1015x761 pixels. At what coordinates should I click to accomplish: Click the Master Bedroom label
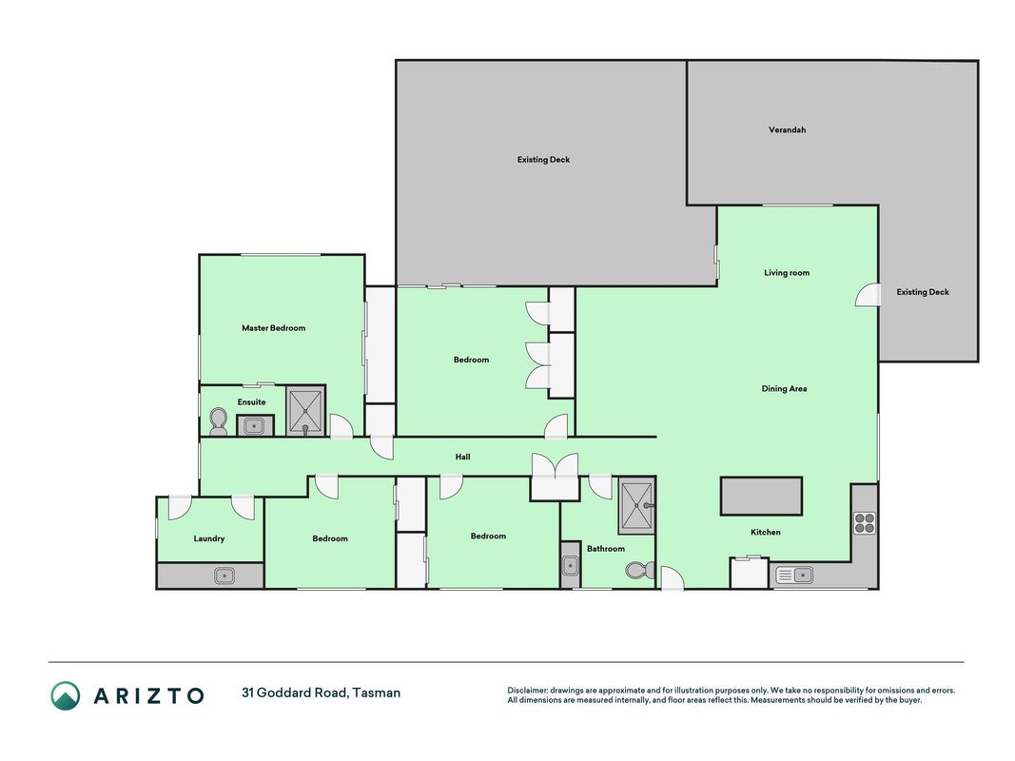pos(273,328)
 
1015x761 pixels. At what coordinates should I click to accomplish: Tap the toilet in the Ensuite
pos(219,422)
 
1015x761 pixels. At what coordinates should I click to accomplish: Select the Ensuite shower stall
pos(305,411)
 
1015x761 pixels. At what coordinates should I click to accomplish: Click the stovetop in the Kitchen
pos(865,522)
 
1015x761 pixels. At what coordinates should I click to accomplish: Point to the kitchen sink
pos(794,575)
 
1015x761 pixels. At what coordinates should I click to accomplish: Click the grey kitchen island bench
pos(761,497)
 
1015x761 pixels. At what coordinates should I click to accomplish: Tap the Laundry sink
pos(224,575)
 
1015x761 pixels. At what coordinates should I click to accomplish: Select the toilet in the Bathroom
pos(640,570)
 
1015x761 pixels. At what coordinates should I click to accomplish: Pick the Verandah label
pos(787,130)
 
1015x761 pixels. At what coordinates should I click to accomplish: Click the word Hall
pos(462,457)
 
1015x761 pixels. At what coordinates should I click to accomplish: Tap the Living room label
pos(787,273)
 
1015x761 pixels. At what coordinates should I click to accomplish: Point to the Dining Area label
pos(784,389)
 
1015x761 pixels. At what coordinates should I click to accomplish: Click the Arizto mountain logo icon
pos(66,695)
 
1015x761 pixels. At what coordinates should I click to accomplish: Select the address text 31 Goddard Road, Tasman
pos(322,693)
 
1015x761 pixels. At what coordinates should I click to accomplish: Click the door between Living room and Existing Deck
pos(868,295)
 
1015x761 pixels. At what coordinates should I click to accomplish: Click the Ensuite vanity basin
pos(253,426)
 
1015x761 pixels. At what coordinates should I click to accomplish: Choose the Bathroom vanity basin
pos(570,566)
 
